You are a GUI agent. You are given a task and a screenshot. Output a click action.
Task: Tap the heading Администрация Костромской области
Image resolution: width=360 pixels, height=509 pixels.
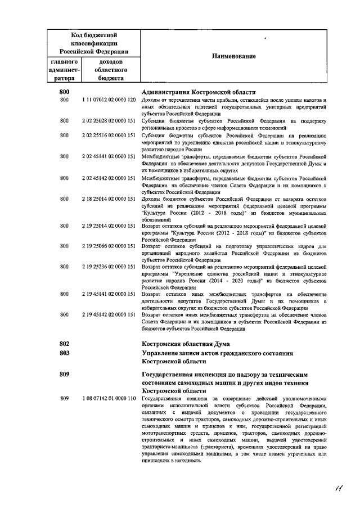(199, 92)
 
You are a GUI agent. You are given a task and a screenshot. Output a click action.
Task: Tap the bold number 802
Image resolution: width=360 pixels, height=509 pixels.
(64, 343)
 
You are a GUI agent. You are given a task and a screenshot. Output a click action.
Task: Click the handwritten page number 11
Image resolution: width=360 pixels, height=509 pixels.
(337, 487)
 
